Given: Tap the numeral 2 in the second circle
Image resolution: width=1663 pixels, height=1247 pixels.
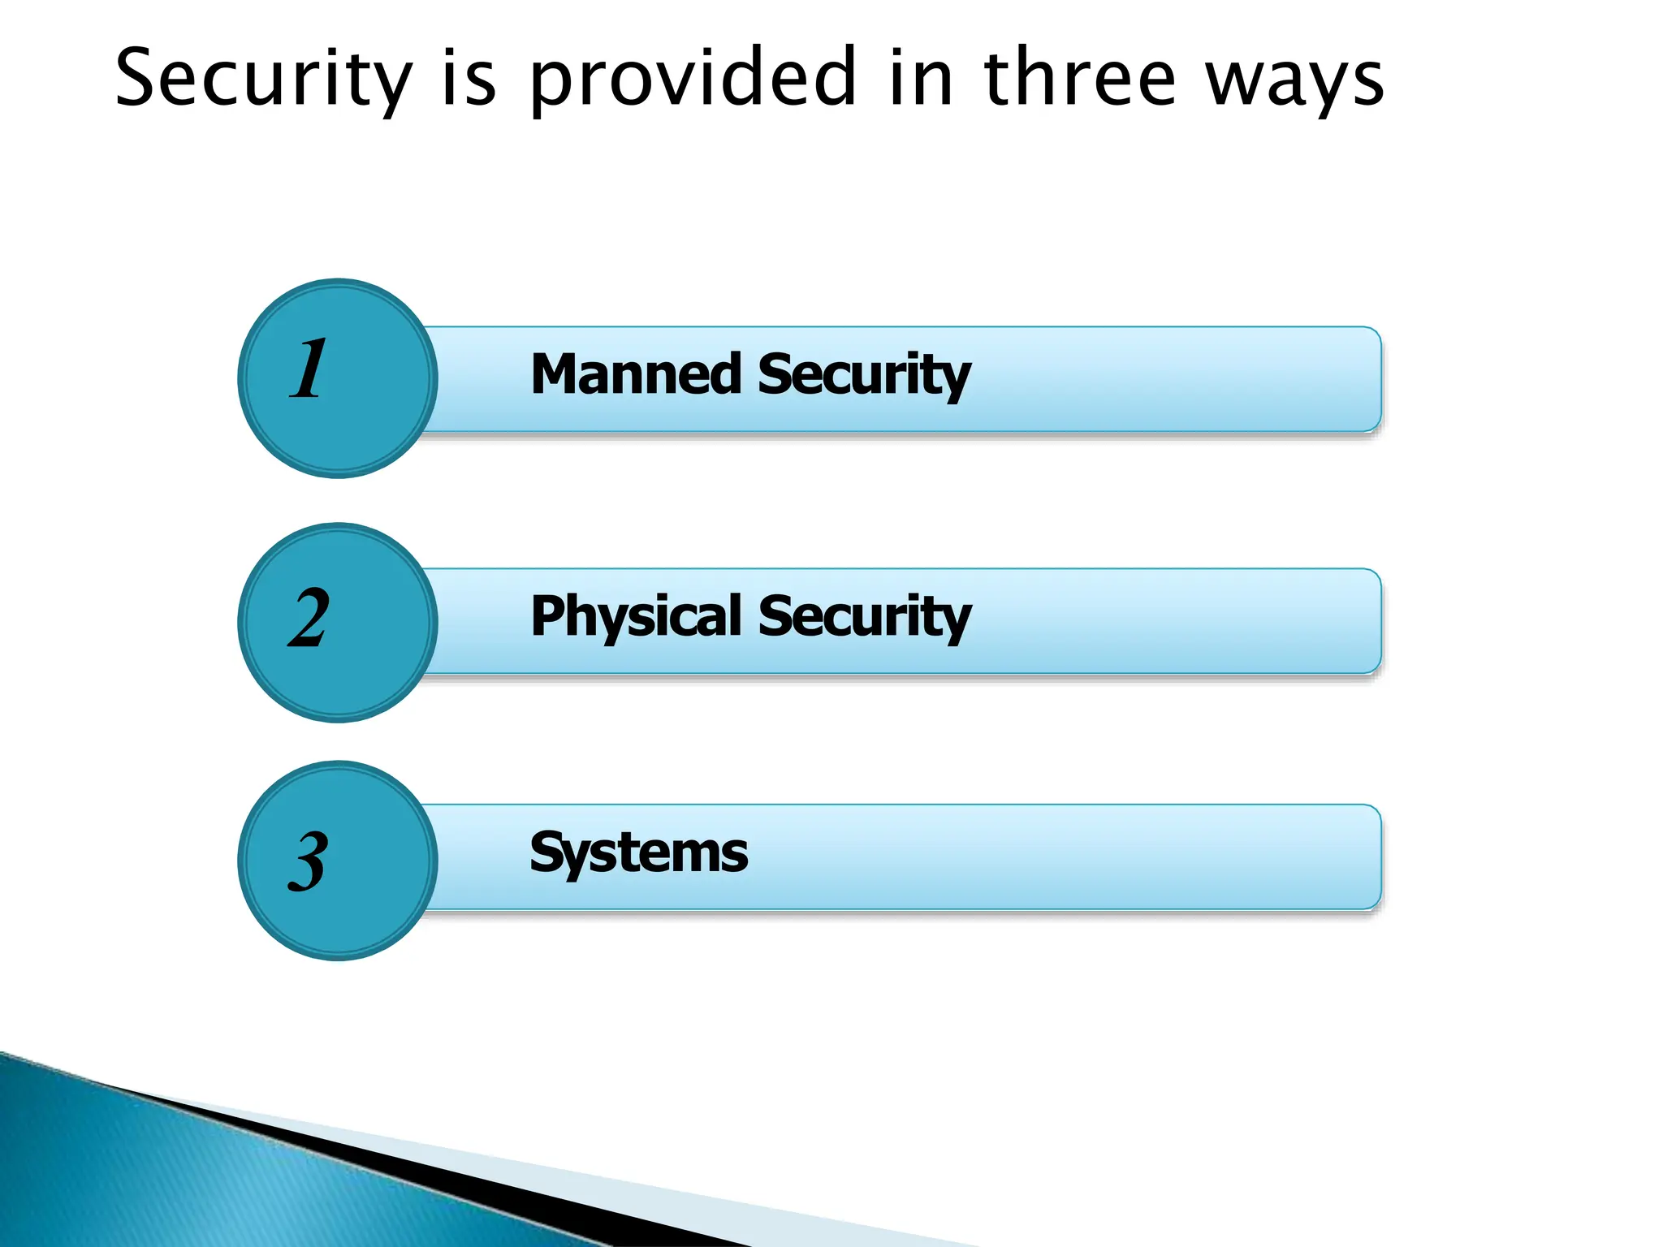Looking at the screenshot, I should tap(309, 618).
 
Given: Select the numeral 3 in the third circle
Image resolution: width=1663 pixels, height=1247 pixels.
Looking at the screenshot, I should tap(308, 861).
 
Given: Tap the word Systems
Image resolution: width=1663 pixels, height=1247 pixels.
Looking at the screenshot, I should tap(639, 853).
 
